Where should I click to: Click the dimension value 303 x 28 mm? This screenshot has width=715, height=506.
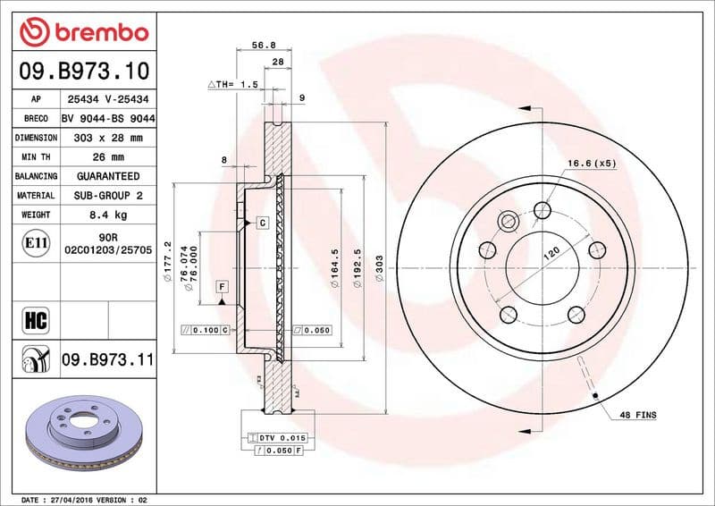[x=107, y=138]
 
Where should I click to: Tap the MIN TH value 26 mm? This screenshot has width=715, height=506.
[x=107, y=157]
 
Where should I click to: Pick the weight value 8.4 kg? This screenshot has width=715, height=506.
[x=107, y=215]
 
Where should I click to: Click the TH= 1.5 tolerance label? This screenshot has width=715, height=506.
[x=233, y=83]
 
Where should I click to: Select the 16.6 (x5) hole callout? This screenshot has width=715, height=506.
[x=592, y=164]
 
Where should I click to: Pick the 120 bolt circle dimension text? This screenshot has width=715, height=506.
[x=551, y=254]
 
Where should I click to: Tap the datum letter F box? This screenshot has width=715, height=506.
[x=221, y=286]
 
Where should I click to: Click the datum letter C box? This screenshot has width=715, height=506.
[x=264, y=221]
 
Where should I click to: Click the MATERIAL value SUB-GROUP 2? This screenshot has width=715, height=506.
[x=107, y=195]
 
